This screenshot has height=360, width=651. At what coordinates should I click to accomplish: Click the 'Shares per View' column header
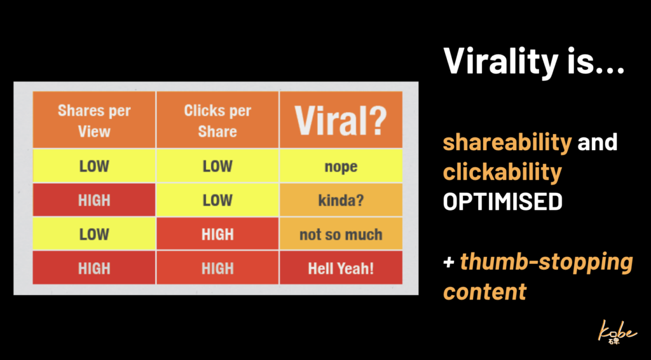94,120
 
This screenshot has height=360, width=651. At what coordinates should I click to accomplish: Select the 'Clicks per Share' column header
217,120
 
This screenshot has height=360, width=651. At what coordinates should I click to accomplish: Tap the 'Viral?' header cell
341,120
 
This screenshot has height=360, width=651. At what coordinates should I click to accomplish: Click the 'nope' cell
341,166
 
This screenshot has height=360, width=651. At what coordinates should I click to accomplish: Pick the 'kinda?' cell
341,200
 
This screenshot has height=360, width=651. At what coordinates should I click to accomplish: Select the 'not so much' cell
341,234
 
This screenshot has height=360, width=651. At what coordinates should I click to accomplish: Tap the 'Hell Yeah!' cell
341,268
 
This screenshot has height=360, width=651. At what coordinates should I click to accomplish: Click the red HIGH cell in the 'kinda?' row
94,200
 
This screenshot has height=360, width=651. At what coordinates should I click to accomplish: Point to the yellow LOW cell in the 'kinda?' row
217,200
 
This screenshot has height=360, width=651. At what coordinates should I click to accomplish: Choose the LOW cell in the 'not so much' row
94,234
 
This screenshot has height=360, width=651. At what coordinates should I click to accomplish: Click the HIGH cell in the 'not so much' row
217,234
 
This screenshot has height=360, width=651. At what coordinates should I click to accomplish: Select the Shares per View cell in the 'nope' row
94,166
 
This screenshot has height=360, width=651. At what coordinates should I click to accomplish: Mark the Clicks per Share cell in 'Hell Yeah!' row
217,268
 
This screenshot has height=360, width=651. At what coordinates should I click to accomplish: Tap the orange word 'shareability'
507,142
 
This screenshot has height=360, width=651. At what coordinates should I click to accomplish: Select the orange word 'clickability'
502,172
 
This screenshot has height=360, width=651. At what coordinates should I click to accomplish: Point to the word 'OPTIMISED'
502,202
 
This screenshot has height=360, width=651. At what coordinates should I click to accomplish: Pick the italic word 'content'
484,291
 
